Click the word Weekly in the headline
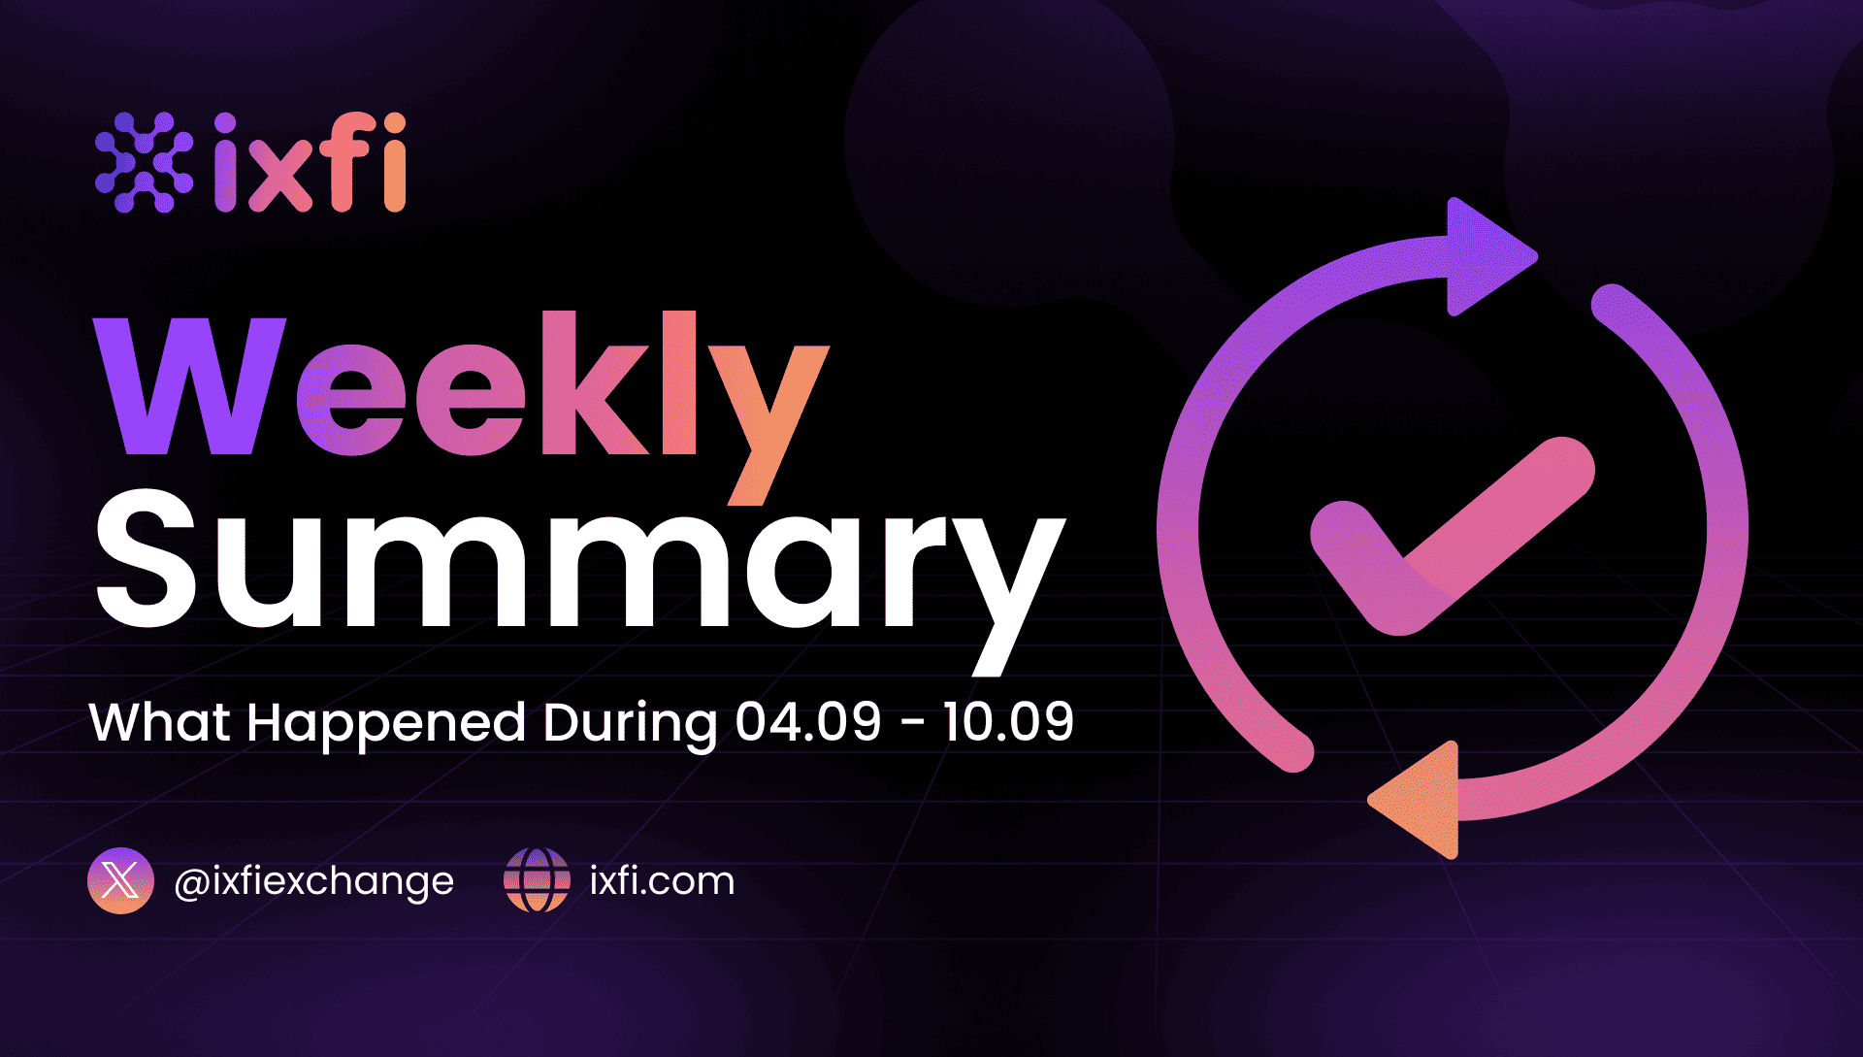[x=462, y=408]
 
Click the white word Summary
[x=580, y=579]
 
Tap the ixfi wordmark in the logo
[x=310, y=162]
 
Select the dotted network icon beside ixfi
[x=144, y=162]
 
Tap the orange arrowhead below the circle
[x=1415, y=800]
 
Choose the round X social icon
[x=120, y=880]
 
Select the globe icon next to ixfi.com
[x=537, y=880]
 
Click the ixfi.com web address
[x=663, y=881]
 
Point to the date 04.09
[x=808, y=722]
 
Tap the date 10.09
[x=1008, y=722]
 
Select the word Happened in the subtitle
[x=386, y=725]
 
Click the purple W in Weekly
[x=191, y=385]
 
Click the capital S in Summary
[x=147, y=557]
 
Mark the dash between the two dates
[x=913, y=725]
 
